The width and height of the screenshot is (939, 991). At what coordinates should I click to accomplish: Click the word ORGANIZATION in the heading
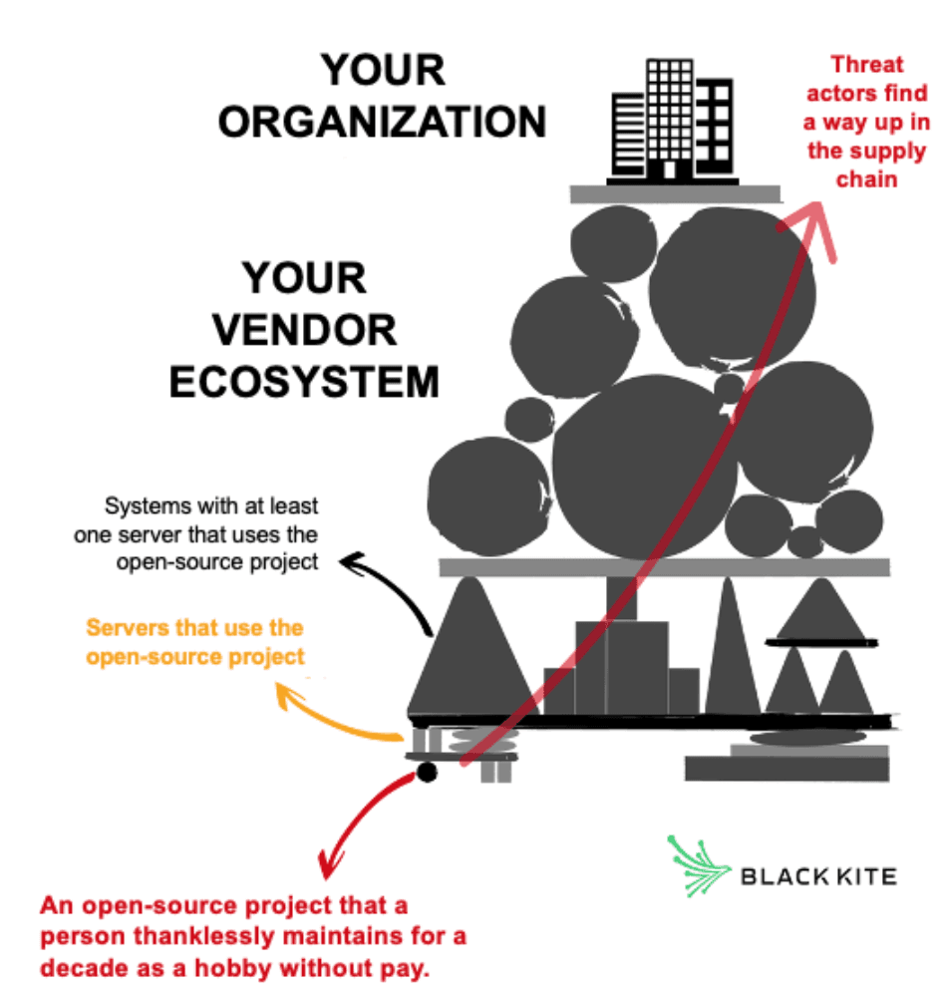pyautogui.click(x=383, y=122)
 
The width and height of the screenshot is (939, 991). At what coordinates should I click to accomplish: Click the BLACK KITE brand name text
pyautogui.click(x=817, y=876)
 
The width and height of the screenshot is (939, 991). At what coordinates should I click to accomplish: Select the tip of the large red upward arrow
pyautogui.click(x=820, y=207)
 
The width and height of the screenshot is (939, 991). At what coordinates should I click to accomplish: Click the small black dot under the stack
pyautogui.click(x=427, y=772)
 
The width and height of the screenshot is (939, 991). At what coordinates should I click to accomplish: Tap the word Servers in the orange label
pyautogui.click(x=127, y=629)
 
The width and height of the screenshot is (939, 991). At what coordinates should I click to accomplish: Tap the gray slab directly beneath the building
pyautogui.click(x=675, y=193)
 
